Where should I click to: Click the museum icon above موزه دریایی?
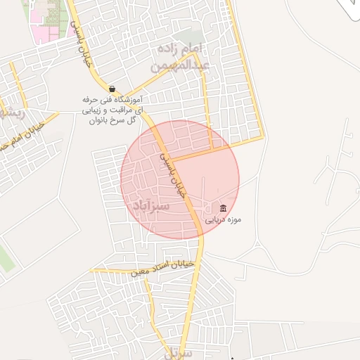223,208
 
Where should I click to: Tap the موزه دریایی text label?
223,219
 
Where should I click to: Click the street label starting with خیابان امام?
21,138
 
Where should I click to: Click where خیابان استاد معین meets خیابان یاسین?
198,264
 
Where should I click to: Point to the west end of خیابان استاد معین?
93,271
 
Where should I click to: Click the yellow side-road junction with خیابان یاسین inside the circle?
173,160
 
